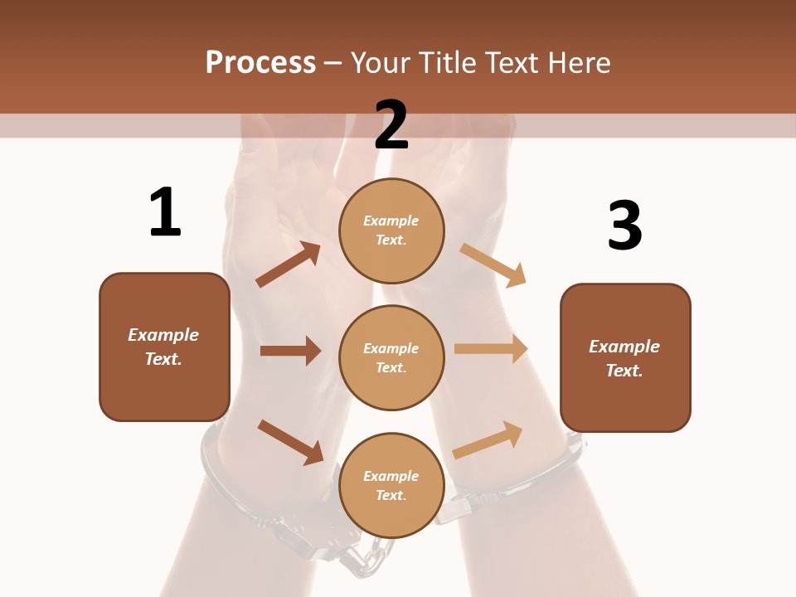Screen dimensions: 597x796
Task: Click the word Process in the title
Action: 260,62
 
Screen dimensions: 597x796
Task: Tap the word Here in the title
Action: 577,62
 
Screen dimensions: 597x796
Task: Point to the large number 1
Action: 164,212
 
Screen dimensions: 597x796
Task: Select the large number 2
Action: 391,124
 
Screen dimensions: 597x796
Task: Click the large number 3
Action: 624,226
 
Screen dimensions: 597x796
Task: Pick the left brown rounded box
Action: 164,347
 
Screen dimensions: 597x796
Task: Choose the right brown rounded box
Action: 625,358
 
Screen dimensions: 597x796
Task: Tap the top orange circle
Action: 391,230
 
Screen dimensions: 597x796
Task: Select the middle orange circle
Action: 391,357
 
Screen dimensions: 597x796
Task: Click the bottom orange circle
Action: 391,485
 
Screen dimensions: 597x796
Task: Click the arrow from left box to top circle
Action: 289,265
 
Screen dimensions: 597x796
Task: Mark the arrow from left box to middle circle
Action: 290,351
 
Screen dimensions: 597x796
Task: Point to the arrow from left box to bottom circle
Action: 290,442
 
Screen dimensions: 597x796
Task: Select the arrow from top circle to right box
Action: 493,265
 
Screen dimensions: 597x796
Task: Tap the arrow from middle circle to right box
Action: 491,349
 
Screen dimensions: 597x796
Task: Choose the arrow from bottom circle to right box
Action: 488,440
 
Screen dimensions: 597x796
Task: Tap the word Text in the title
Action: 514,62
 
